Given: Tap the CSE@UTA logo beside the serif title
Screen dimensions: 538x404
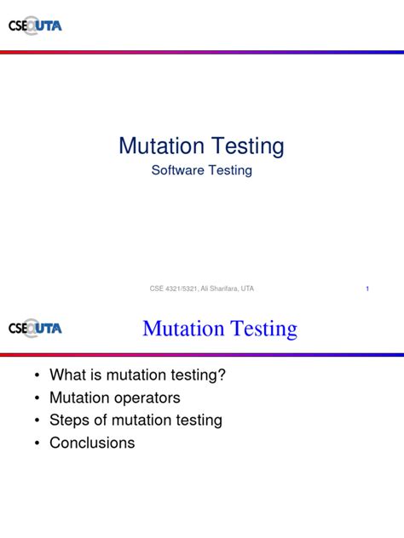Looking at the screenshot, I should tap(35, 328).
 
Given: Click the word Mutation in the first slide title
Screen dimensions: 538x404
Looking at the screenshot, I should tap(162, 146).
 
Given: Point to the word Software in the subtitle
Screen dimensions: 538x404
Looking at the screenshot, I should tap(176, 170).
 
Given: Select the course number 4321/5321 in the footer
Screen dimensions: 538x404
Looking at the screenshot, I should tap(182, 289).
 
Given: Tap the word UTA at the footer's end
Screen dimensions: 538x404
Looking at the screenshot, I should tap(247, 289).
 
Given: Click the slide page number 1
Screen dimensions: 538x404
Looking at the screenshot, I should tap(366, 289).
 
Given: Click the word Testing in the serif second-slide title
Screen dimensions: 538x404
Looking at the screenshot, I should tap(260, 329).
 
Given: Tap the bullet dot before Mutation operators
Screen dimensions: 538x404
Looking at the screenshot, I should tap(36, 398).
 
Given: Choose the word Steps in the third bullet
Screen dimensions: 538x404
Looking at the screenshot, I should tap(68, 421).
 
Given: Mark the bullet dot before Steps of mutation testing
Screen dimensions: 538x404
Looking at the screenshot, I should tap(36, 421).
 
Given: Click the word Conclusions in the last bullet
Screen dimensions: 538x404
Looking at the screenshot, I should tap(92, 443).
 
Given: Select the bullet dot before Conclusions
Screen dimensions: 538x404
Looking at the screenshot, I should tap(36, 444).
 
